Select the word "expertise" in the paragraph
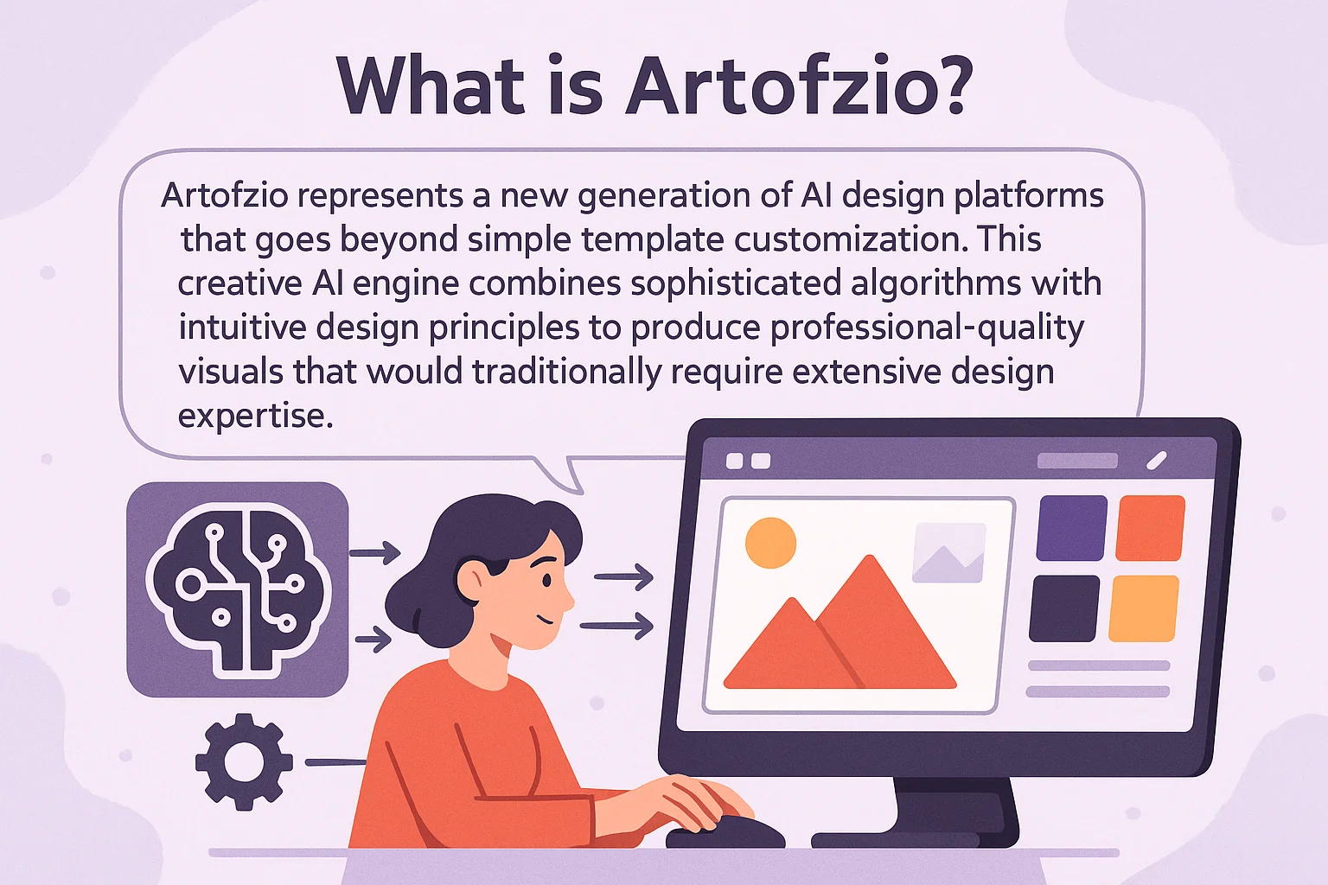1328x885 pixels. point(256,416)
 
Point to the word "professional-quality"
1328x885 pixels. point(927,328)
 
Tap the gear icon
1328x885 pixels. point(245,761)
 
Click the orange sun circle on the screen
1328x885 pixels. point(770,543)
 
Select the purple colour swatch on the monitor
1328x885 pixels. point(1071,527)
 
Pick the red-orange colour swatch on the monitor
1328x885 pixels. point(1150,527)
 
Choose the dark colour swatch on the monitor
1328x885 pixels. point(1064,608)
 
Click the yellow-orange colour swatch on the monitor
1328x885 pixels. point(1144,608)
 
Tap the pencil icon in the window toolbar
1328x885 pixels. point(1157,461)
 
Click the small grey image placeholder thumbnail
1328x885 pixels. point(949,552)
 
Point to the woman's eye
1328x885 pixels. point(546,579)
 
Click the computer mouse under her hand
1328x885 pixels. point(725,832)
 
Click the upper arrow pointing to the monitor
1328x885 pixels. point(623,576)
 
